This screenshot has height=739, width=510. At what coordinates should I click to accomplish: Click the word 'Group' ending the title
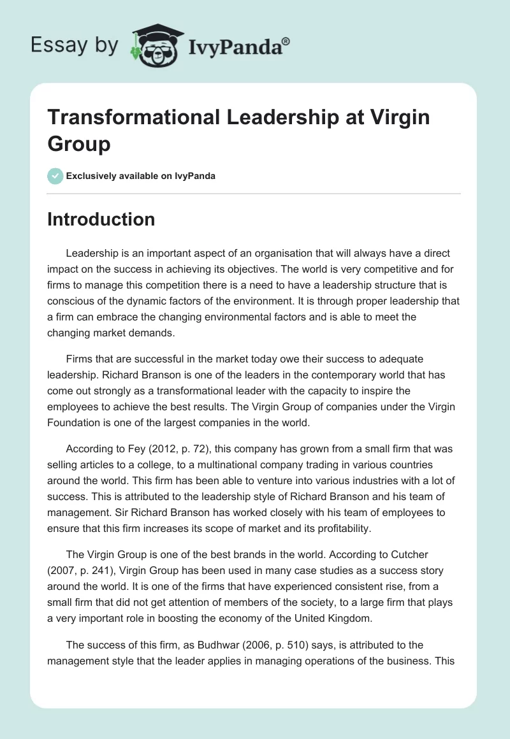pyautogui.click(x=79, y=143)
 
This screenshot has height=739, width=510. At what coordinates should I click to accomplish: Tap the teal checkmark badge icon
pyautogui.click(x=55, y=176)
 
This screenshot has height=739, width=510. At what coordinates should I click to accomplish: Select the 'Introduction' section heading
pyautogui.click(x=101, y=219)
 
